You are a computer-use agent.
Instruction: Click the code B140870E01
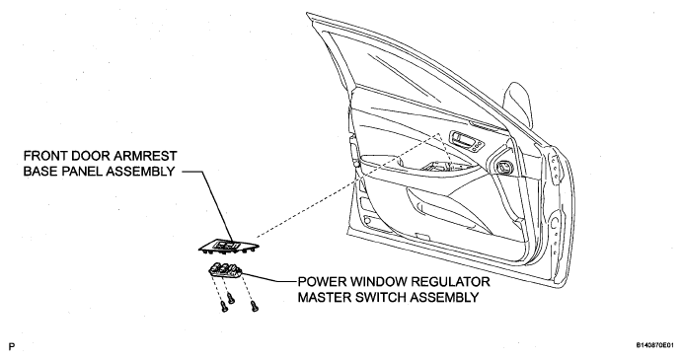(x=657, y=345)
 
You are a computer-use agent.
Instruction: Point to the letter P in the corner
(x=12, y=346)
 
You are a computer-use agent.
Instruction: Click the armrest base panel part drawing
(x=229, y=247)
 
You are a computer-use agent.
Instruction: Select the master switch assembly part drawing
(x=225, y=270)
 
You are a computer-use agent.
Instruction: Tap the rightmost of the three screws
(x=255, y=307)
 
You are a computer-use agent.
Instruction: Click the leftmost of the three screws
(x=224, y=307)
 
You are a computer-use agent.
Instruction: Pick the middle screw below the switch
(x=231, y=299)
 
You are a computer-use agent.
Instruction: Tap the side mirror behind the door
(x=518, y=105)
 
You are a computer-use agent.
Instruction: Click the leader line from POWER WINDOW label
(x=268, y=279)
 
